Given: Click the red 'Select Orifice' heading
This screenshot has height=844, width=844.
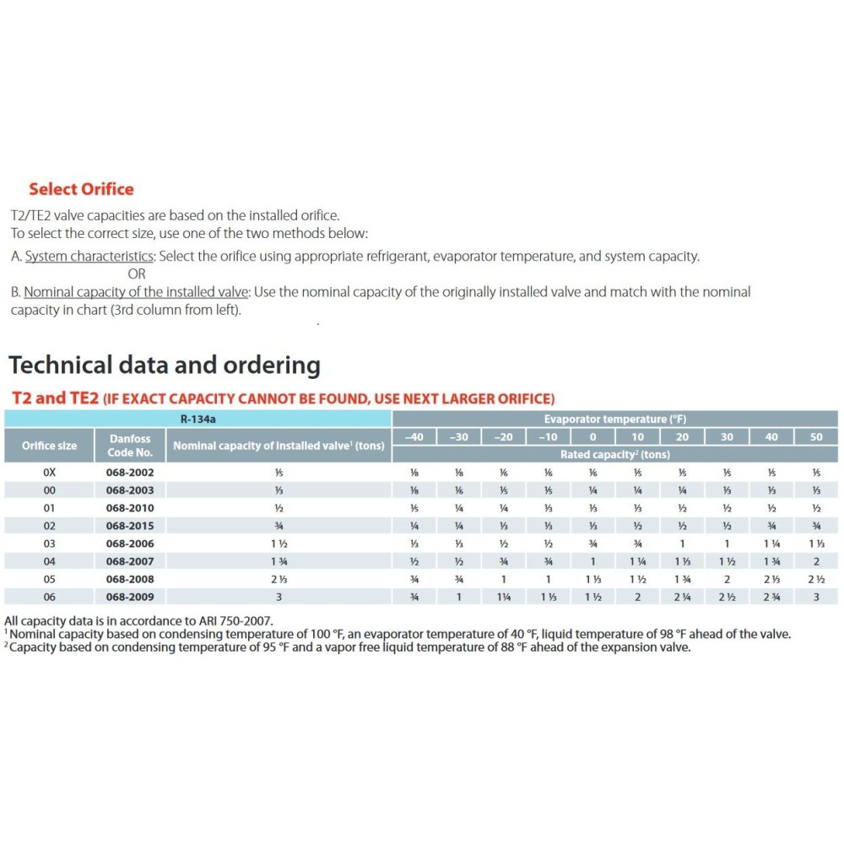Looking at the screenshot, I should point(81,189).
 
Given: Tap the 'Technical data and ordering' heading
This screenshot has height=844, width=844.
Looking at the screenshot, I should point(164,365).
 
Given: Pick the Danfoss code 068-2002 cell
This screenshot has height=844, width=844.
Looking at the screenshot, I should point(130,473).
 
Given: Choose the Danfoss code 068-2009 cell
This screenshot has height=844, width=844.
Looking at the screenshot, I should point(130,597).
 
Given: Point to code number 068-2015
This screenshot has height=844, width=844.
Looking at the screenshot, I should point(130,526).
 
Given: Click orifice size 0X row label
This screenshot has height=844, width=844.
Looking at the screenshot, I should point(49,473).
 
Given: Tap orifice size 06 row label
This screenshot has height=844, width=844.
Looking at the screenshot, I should point(49,597).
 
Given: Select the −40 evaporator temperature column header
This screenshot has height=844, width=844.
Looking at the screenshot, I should point(414,436).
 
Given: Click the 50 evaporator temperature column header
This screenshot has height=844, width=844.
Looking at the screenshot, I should point(815,436).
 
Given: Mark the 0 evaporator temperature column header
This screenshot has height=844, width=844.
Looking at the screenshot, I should point(592,436).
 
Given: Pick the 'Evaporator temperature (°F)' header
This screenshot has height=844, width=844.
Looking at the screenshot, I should point(615,419).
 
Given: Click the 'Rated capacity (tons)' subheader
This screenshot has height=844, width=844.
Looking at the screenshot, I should point(615,454).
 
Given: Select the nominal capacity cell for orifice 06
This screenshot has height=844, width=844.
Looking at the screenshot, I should point(279,597).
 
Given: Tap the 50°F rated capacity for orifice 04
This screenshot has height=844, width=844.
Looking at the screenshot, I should point(815,561).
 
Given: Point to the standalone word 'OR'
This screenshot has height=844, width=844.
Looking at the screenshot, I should point(136,273).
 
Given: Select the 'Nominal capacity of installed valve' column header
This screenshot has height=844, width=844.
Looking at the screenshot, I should point(279,446).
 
